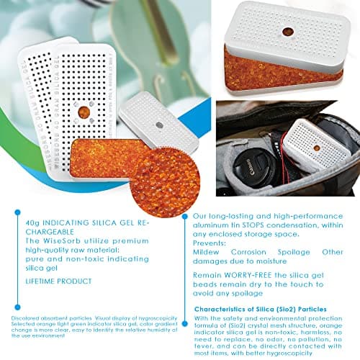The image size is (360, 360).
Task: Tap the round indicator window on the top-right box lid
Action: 287,32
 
